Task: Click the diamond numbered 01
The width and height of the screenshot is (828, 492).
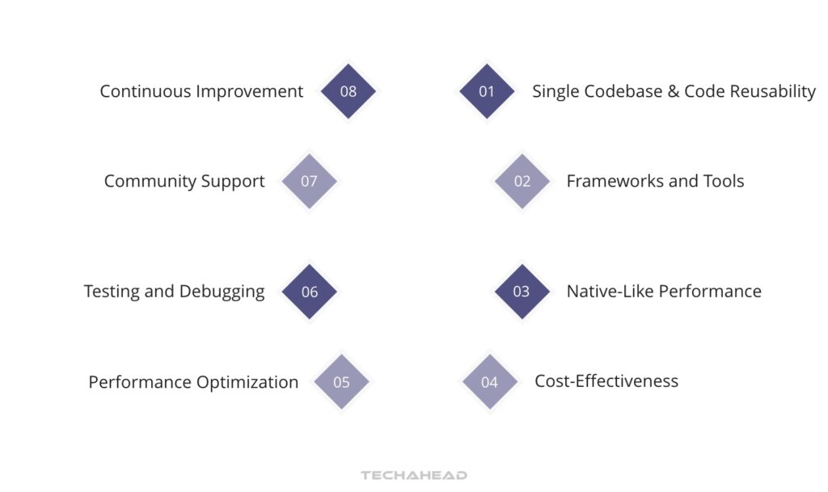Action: tap(487, 91)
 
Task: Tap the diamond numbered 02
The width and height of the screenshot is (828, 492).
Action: tap(522, 181)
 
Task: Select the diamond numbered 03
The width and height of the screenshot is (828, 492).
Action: tap(522, 292)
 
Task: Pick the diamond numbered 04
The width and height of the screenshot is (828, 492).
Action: tap(490, 382)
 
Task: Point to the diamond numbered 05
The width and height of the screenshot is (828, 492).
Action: tap(341, 382)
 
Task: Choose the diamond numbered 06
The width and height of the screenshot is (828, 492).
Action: tap(310, 292)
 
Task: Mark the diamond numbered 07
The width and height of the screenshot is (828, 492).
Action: tap(309, 181)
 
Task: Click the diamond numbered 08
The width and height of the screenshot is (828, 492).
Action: tap(349, 91)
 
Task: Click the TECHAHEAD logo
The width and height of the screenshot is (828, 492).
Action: tap(414, 475)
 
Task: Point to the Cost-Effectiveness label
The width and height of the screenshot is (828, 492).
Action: tap(606, 381)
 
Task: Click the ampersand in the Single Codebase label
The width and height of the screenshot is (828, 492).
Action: tap(673, 91)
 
